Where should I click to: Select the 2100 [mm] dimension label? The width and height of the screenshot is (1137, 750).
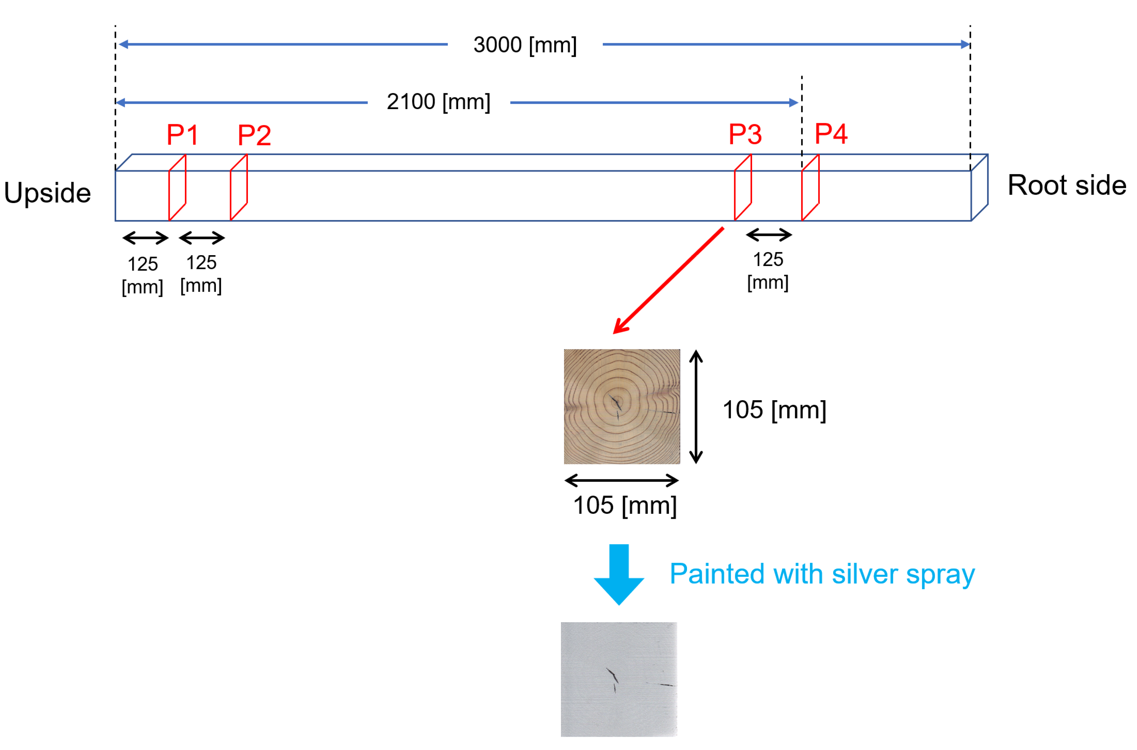[x=438, y=102]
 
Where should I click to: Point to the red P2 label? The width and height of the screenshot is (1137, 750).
[x=254, y=135]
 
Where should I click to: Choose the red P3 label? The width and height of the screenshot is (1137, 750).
[x=745, y=134]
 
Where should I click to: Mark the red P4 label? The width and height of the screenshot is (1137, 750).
[x=831, y=134]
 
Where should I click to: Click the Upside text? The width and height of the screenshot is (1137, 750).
[x=48, y=193]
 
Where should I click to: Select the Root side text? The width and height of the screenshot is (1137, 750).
[x=1067, y=185]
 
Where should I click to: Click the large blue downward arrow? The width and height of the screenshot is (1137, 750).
[x=619, y=574]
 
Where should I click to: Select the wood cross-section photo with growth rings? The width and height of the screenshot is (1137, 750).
[x=621, y=406]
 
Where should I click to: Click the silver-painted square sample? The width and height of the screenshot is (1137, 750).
[x=619, y=679]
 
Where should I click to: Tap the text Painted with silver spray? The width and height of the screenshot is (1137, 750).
[x=821, y=574]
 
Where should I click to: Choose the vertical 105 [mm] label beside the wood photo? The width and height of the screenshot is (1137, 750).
[x=774, y=410]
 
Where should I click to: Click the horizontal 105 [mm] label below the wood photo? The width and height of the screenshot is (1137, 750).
[x=625, y=506]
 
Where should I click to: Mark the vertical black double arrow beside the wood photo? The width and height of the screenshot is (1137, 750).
[x=696, y=406]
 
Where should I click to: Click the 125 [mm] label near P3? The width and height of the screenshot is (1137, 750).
[x=768, y=271]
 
